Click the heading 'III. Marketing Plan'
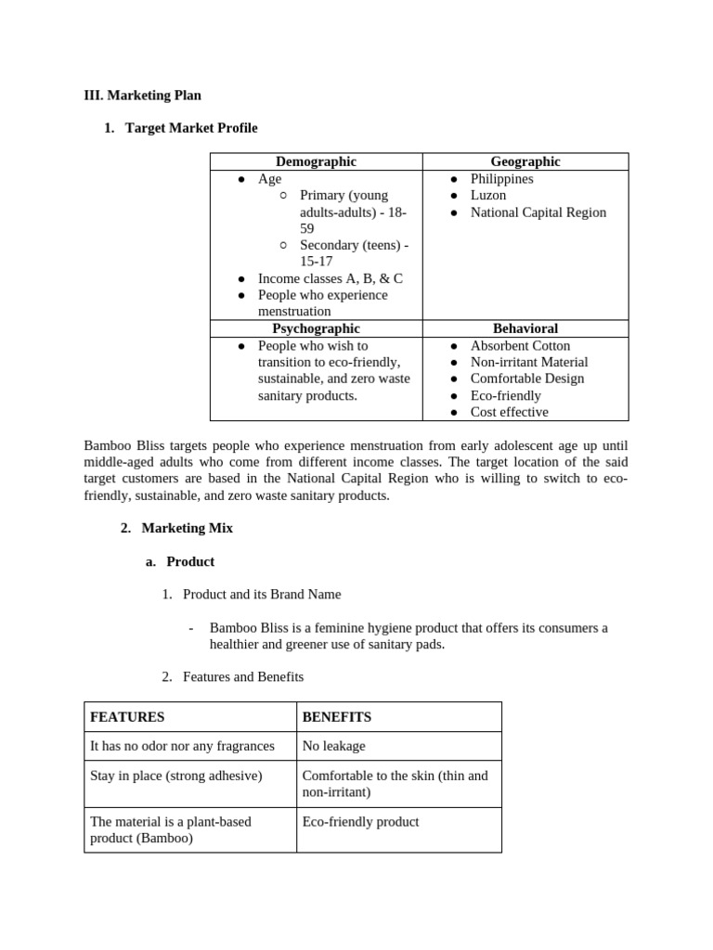click(x=142, y=95)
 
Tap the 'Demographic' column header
click(x=316, y=161)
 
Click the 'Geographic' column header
click(x=525, y=161)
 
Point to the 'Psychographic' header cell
click(x=316, y=328)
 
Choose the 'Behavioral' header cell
click(x=525, y=328)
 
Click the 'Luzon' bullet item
click(x=488, y=195)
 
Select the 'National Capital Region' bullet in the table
click(x=538, y=212)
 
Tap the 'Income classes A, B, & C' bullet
click(x=330, y=278)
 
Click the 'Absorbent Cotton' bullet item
click(x=520, y=345)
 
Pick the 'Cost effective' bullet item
click(x=509, y=412)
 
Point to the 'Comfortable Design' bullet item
click(x=526, y=379)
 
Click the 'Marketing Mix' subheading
click(x=187, y=528)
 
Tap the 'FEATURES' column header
click(x=127, y=717)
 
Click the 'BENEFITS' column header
click(x=337, y=717)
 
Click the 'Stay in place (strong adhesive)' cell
click(x=176, y=776)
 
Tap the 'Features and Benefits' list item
click(x=243, y=677)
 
